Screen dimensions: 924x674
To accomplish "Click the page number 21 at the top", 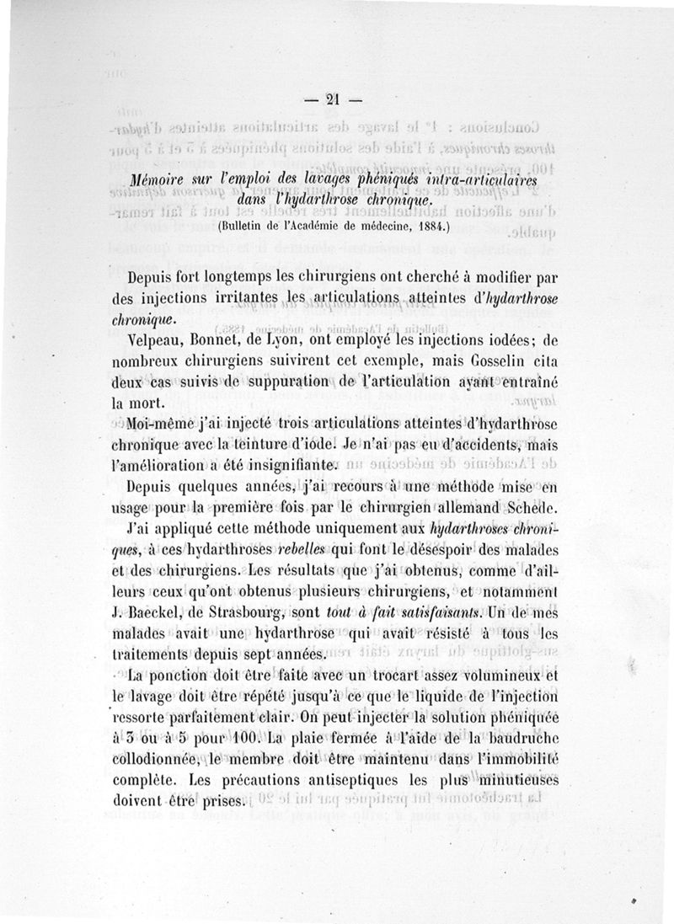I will [332, 99].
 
